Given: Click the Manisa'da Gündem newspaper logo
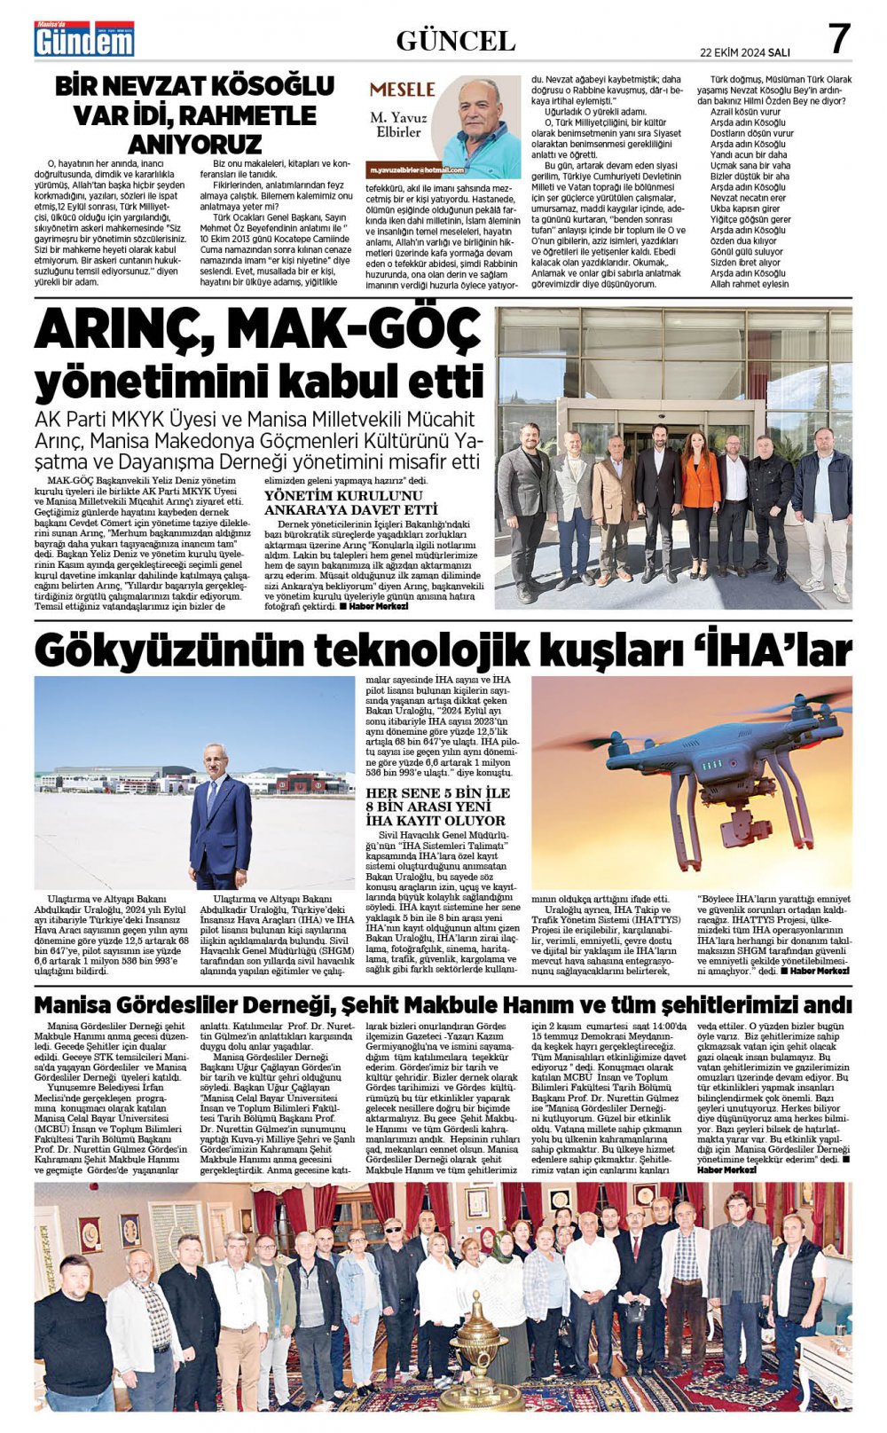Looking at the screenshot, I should pyautogui.click(x=84, y=39).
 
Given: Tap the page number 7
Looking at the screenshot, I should pyautogui.click(x=838, y=39).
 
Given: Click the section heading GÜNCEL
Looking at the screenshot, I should pyautogui.click(x=455, y=41).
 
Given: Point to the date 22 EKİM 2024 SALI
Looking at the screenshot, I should pyautogui.click(x=744, y=51).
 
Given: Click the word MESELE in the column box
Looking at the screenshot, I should pyautogui.click(x=402, y=90).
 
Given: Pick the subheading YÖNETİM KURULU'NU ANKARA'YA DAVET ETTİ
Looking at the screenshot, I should pyautogui.click(x=351, y=502).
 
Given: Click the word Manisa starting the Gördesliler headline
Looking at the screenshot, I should pyautogui.click(x=71, y=1004).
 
